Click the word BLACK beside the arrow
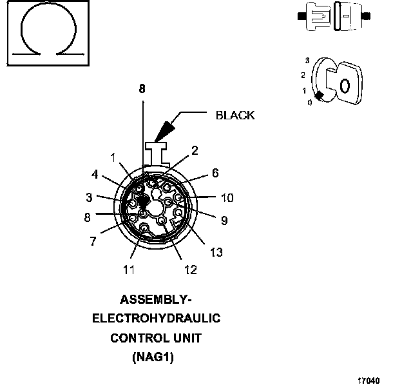pyautogui.click(x=235, y=115)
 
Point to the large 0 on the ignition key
pyautogui.click(x=344, y=85)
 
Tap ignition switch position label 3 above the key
pyautogui.click(x=308, y=60)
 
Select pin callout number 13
pyautogui.click(x=216, y=252)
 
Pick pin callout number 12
pyautogui.click(x=190, y=270)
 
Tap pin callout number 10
pyautogui.click(x=227, y=197)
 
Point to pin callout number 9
pyautogui.click(x=224, y=221)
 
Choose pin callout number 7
pyautogui.click(x=93, y=241)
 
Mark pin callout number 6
pyautogui.click(x=215, y=173)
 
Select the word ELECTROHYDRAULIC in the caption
pyautogui.click(x=157, y=318)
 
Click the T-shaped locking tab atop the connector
pyautogui.click(x=157, y=153)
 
